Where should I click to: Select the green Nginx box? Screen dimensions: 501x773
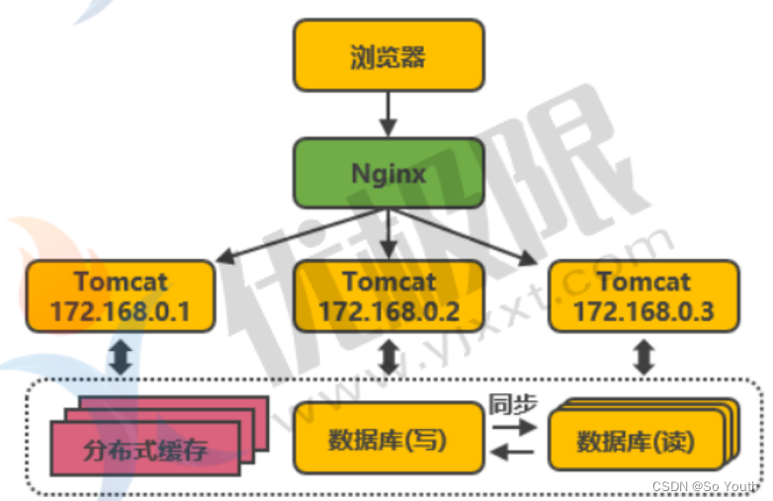[388, 174]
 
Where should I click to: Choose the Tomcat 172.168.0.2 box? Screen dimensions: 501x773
[388, 296]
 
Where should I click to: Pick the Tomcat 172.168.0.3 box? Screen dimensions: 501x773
[644, 296]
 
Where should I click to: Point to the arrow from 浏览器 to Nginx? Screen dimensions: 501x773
[388, 114]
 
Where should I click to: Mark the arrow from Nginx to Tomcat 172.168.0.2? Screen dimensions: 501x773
[388, 234]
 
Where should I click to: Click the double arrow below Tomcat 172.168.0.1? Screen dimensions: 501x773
[121, 358]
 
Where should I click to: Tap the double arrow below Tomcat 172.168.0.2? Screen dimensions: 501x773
[388, 358]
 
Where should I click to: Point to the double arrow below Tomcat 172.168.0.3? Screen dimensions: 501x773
[644, 358]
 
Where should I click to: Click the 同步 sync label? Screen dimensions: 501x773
[511, 403]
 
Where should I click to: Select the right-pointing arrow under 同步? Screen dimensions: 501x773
[512, 427]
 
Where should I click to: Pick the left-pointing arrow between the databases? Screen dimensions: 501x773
[512, 453]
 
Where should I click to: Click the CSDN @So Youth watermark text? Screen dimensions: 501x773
[705, 486]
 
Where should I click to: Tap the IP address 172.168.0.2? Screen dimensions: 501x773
[388, 312]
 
